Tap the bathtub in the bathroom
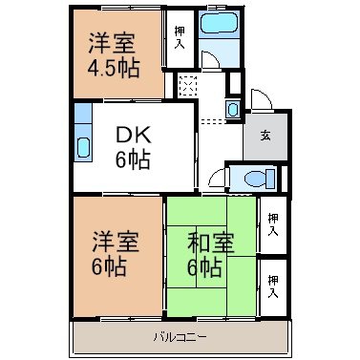tap(220, 23)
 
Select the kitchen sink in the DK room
tap(83, 147)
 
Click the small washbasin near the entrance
tap(233, 110)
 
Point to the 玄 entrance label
tap(265, 136)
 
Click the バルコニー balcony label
tap(180, 337)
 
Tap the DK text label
tap(133, 137)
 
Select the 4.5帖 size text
tap(114, 68)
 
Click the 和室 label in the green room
tap(211, 243)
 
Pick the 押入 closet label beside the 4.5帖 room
tap(180, 38)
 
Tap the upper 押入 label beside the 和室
tap(273, 224)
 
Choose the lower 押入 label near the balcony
tap(273, 286)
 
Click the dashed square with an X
tap(188, 85)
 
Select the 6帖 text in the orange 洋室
tap(109, 266)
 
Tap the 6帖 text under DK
tap(133, 159)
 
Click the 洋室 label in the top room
tap(112, 43)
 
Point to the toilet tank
tap(271, 179)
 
